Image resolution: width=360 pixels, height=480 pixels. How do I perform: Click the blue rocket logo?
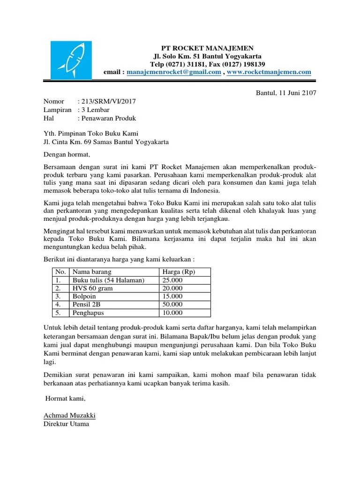(71, 61)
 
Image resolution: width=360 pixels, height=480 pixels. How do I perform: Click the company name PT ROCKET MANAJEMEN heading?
(207, 48)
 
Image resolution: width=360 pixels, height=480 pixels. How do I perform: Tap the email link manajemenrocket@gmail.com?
(174, 72)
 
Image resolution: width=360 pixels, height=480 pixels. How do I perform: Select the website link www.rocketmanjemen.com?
(269, 72)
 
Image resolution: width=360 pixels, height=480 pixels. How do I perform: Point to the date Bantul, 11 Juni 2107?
(286, 93)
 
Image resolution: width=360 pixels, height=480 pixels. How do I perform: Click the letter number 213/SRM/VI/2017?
(109, 101)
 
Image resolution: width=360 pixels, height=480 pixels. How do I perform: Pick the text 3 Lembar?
(96, 110)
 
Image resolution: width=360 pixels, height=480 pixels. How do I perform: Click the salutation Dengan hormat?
(66, 154)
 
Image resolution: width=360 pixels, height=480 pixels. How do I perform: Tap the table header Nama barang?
(92, 272)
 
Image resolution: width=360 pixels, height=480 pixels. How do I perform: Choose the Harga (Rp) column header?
(178, 272)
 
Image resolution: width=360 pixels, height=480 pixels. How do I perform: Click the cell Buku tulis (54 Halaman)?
(108, 280)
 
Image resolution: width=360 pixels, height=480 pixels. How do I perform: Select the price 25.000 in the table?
(172, 280)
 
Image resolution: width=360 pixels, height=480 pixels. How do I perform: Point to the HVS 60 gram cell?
(92, 288)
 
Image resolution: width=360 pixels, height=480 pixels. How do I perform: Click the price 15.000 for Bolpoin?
(172, 297)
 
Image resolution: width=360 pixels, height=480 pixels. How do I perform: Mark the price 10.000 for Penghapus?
(172, 313)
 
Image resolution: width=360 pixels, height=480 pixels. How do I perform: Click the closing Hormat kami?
(66, 398)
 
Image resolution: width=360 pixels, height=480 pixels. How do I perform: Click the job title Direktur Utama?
(66, 424)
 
